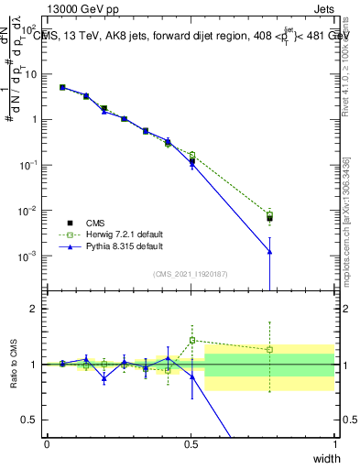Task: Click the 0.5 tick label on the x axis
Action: (x=191, y=444)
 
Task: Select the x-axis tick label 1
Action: (x=334, y=444)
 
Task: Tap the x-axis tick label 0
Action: (x=47, y=444)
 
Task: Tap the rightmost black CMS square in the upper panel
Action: (x=269, y=218)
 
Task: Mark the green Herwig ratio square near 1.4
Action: (x=191, y=340)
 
